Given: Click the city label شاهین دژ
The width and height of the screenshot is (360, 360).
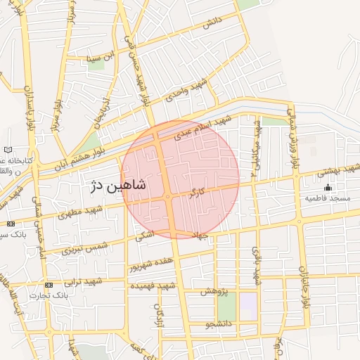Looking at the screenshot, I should pyautogui.click(x=117, y=186).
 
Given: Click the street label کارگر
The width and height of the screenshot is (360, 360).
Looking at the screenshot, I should pyautogui.click(x=198, y=191).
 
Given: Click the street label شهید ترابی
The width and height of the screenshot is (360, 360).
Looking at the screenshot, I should pyautogui.click(x=84, y=281).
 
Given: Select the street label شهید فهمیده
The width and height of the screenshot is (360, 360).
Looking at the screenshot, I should pyautogui.click(x=156, y=286).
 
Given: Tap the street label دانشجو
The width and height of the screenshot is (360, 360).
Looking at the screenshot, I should pyautogui.click(x=218, y=325).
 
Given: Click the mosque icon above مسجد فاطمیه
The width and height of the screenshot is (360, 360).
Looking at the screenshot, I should pyautogui.click(x=327, y=188).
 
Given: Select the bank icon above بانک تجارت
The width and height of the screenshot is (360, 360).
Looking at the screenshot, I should pyautogui.click(x=49, y=285).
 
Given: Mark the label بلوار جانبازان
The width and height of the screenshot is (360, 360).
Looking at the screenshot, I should pyautogui.click(x=304, y=289).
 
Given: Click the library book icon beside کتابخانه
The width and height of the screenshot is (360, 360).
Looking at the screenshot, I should pyautogui.click(x=8, y=150).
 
